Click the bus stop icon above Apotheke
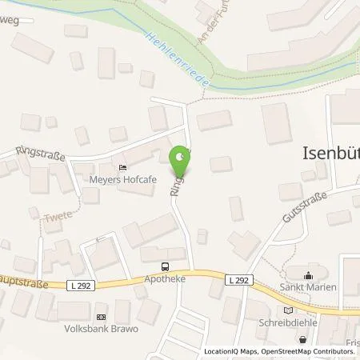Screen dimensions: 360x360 165,266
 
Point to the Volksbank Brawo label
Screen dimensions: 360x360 101,328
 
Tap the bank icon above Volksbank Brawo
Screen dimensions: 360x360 101,315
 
